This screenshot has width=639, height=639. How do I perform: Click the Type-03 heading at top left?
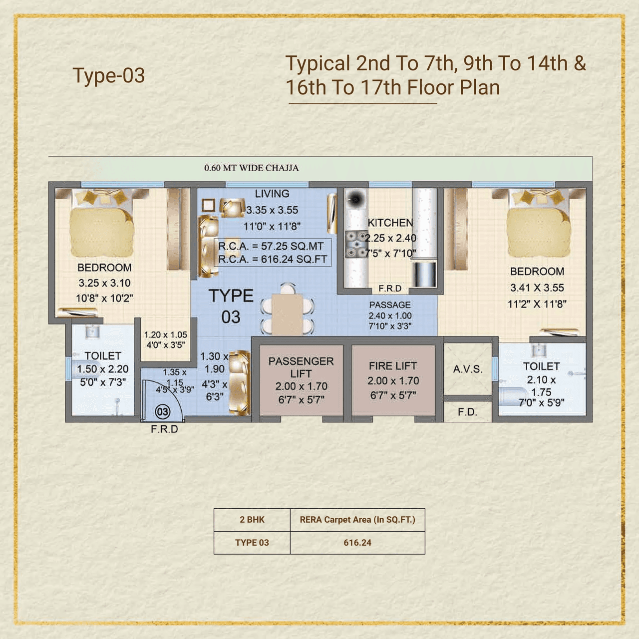click(109, 75)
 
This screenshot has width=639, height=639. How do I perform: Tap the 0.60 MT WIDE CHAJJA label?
click(251, 168)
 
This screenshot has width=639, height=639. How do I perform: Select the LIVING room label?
click(272, 194)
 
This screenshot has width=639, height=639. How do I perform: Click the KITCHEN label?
click(390, 223)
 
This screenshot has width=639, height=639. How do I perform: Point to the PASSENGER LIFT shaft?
click(301, 379)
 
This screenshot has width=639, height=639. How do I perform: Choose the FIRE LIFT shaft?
click(393, 379)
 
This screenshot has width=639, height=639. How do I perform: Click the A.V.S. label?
click(468, 369)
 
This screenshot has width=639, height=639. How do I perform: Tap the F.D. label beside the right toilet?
click(467, 412)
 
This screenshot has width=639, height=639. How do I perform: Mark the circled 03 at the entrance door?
click(163, 412)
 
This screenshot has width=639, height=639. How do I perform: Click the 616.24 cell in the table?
click(357, 543)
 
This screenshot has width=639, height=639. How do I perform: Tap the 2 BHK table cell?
click(252, 520)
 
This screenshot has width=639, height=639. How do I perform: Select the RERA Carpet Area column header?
click(357, 520)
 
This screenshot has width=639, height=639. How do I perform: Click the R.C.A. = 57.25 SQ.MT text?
click(271, 246)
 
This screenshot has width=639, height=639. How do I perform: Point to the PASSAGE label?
click(390, 305)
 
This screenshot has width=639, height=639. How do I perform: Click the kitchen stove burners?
click(356, 245)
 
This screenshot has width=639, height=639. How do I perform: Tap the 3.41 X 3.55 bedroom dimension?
click(537, 288)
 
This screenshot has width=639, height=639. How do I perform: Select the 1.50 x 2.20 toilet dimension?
click(102, 369)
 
